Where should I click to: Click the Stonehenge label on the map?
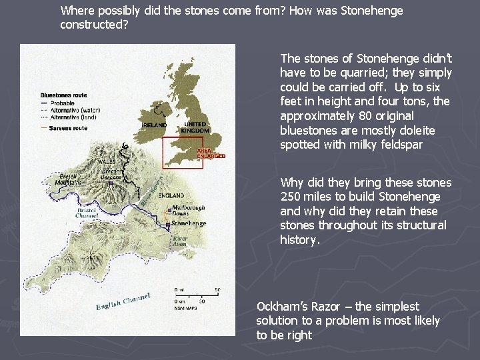(x=189, y=223)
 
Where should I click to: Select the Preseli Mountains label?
(x=68, y=179)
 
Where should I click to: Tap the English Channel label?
(x=123, y=301)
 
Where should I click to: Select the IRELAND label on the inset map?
(x=155, y=125)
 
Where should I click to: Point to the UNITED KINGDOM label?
(x=195, y=127)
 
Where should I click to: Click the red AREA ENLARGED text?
(x=211, y=153)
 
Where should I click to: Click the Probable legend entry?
(x=64, y=103)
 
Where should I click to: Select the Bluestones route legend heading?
(x=63, y=95)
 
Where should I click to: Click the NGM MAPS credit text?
(x=185, y=308)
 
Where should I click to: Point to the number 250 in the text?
(x=292, y=197)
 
